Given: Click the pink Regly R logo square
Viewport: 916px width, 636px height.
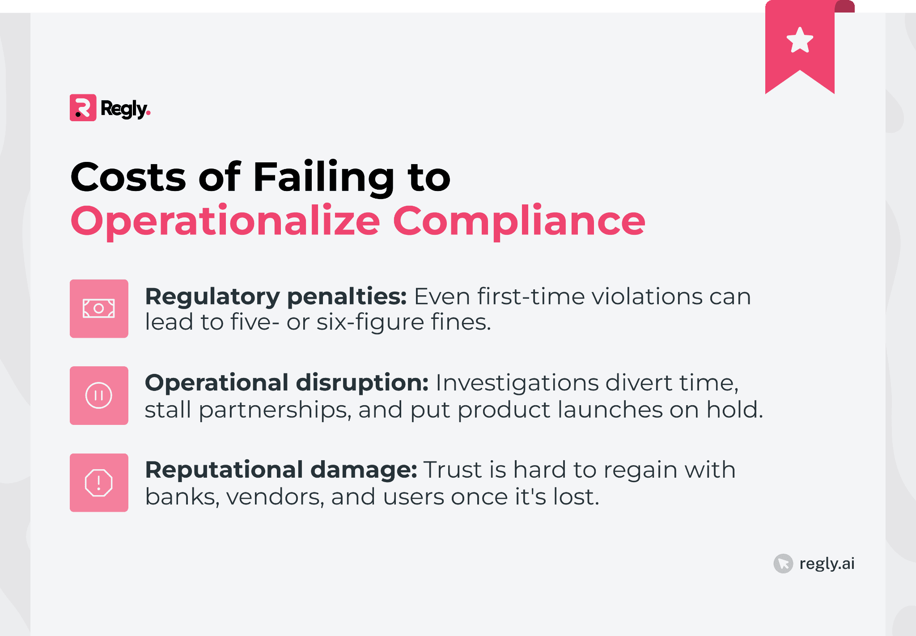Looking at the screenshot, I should [83, 108].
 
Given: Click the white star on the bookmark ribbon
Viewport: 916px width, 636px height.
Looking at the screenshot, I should [800, 40].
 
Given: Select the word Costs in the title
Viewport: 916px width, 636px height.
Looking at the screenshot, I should [128, 177].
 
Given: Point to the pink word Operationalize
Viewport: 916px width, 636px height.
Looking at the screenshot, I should [225, 221].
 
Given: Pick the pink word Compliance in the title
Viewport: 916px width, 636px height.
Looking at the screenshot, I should [519, 221].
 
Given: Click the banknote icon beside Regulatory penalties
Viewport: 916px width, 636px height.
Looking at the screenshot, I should [99, 309].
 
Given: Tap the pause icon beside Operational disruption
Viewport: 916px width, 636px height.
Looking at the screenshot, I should [99, 395].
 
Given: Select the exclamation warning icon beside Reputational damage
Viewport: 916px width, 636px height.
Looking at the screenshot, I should [99, 483].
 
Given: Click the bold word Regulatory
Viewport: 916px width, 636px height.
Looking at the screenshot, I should [212, 297].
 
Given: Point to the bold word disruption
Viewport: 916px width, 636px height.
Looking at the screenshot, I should [362, 383].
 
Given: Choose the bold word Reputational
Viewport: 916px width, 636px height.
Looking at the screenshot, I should [224, 471].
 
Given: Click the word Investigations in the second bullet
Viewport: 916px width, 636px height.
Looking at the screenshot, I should [517, 383].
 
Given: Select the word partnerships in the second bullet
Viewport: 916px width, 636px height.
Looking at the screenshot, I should [275, 410].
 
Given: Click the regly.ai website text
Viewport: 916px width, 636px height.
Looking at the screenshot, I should [827, 564].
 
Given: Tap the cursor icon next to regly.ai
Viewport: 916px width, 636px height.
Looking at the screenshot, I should [783, 564].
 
